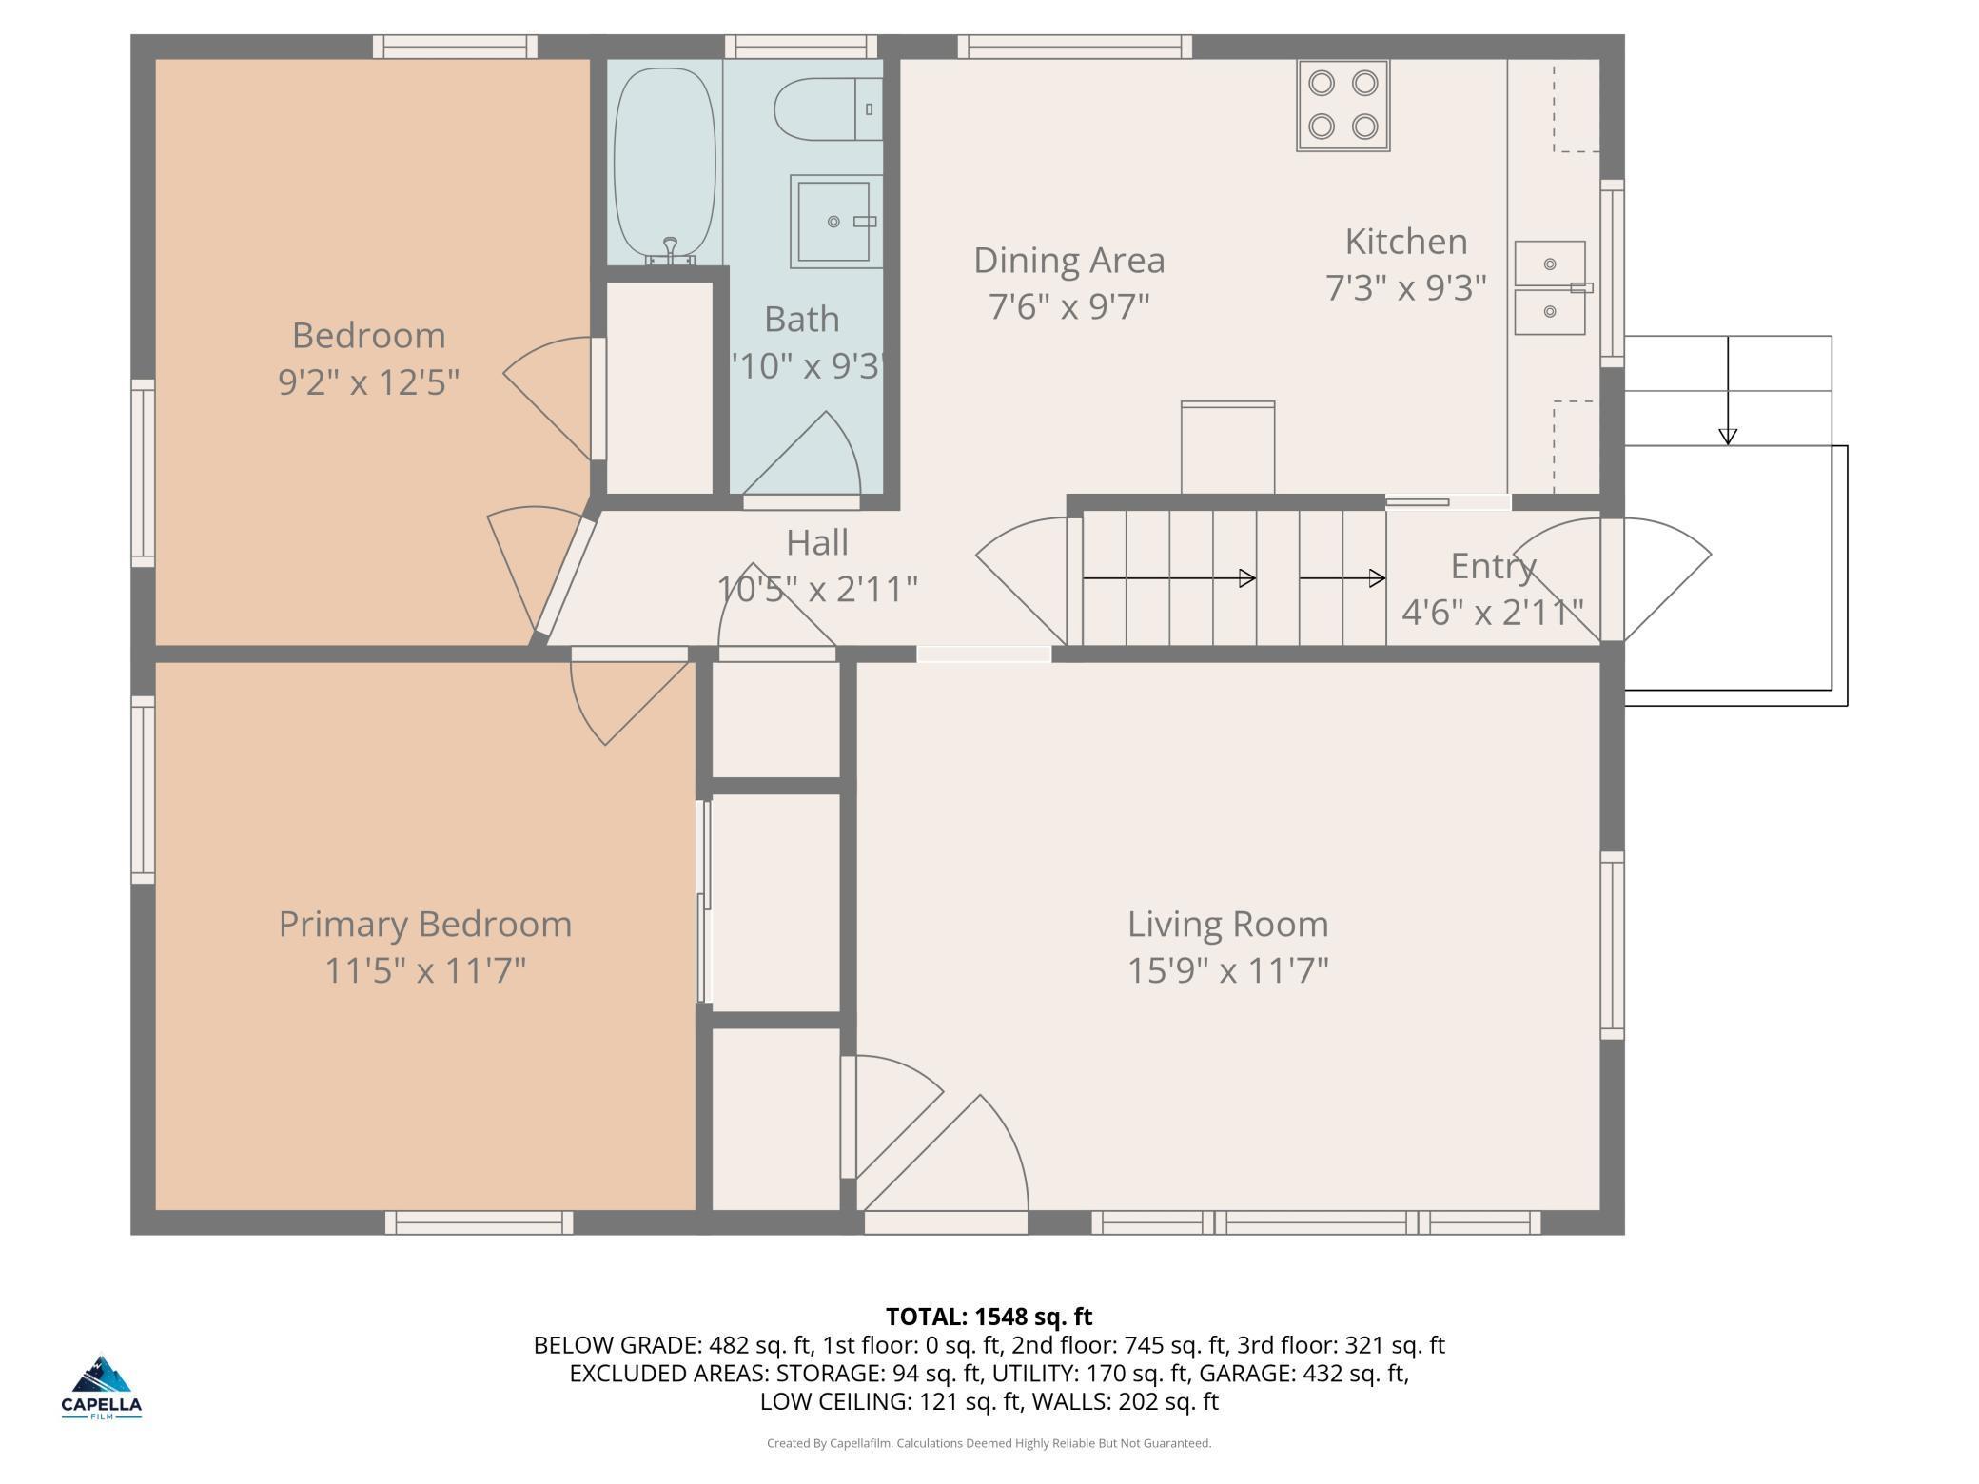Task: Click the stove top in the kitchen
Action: click(1342, 106)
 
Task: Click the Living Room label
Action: click(1227, 924)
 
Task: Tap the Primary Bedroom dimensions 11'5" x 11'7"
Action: click(425, 971)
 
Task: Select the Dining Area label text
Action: click(1069, 260)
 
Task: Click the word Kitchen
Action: click(1406, 242)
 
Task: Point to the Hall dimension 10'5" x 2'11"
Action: click(817, 589)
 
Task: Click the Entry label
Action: click(1494, 567)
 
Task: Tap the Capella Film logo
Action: click(102, 1388)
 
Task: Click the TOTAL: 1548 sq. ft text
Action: click(989, 1317)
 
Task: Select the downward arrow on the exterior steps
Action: click(1728, 390)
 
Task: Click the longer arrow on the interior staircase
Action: click(1169, 577)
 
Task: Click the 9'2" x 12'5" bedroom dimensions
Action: click(369, 382)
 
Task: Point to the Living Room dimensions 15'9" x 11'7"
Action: click(1227, 971)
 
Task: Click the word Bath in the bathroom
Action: click(802, 320)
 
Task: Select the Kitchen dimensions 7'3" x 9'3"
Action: click(1406, 287)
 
